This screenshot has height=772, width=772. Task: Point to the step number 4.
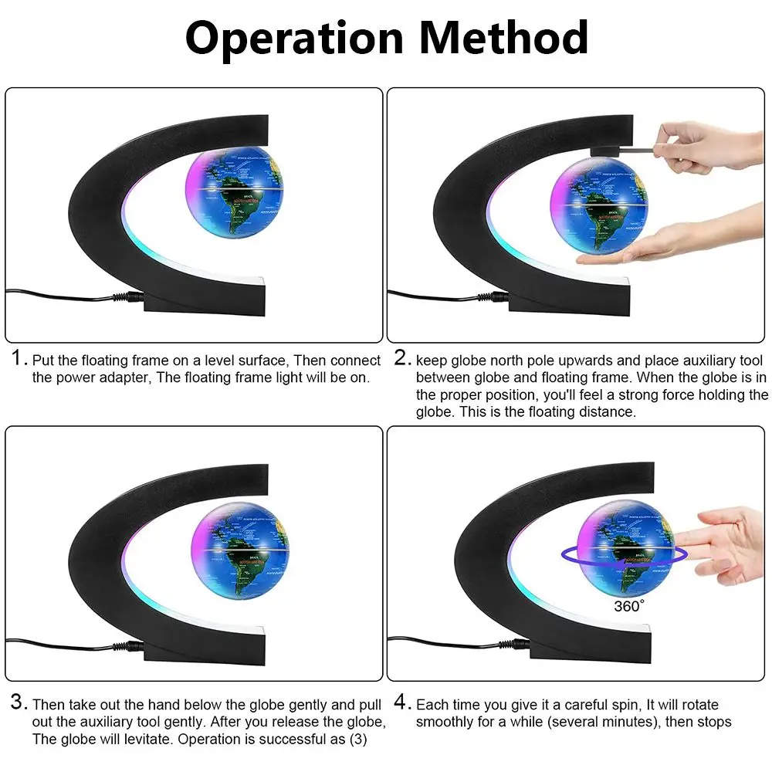400,703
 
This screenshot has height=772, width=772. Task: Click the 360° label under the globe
628,606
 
